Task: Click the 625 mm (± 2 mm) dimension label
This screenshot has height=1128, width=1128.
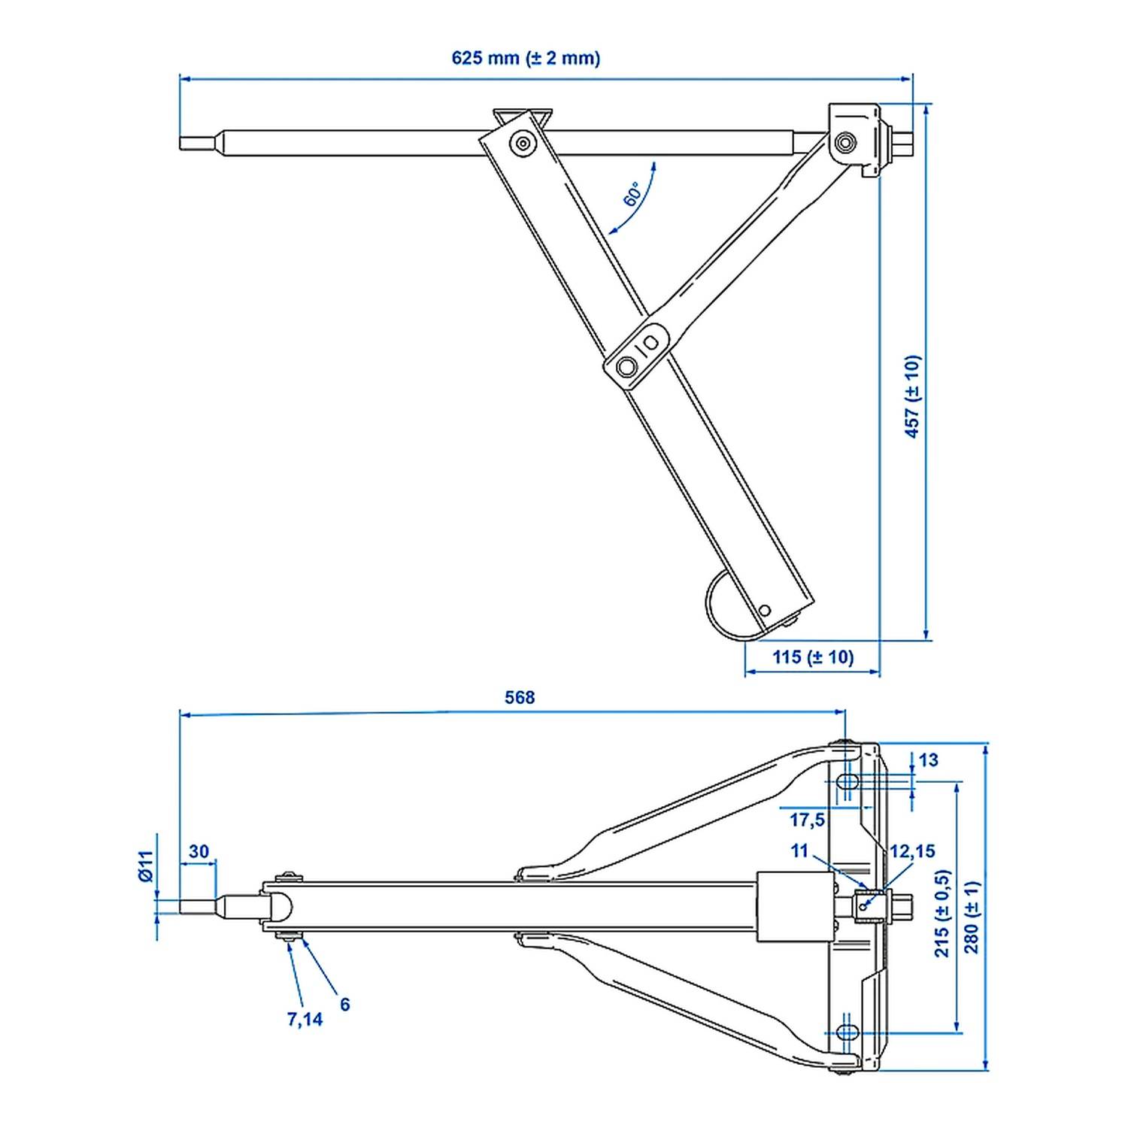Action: [x=526, y=58]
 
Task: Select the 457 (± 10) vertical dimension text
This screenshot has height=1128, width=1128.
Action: [x=912, y=396]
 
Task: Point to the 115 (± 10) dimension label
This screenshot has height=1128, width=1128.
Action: [x=813, y=657]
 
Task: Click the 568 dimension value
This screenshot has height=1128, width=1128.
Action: [x=520, y=698]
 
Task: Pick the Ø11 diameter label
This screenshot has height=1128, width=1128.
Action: [x=146, y=866]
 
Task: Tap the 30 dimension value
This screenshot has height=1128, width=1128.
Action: [x=199, y=851]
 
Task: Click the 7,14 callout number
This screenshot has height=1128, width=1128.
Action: [x=305, y=1019]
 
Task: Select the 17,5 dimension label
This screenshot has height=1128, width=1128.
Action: [x=807, y=819]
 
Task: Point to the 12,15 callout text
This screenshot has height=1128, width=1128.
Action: [x=912, y=851]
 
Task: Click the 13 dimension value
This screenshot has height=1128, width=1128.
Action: [x=929, y=760]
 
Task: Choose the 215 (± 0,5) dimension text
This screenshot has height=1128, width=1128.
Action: [x=942, y=913]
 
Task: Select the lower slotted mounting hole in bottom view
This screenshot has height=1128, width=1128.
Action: [x=848, y=1032]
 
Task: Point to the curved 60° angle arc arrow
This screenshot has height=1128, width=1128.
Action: [x=639, y=203]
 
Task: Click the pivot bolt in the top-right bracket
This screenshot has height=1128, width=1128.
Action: [x=845, y=141]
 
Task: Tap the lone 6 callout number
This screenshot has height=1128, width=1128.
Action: [x=344, y=1004]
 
